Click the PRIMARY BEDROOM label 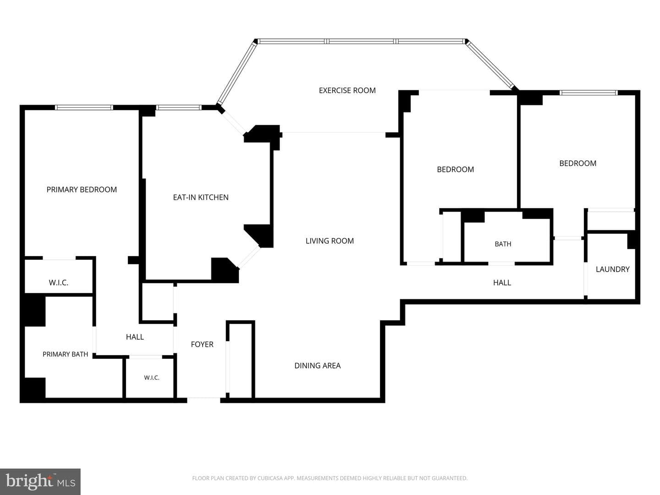(82, 190)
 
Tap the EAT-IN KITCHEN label (201, 198)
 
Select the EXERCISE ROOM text (347, 90)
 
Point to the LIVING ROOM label (330, 241)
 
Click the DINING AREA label (317, 366)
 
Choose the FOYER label (202, 344)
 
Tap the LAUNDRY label (612, 269)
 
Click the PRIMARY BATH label (65, 354)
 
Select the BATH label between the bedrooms (503, 244)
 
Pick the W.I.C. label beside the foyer (152, 378)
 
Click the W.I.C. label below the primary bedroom (58, 283)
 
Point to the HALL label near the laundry (502, 283)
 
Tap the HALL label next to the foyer (135, 337)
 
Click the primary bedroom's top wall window (84, 107)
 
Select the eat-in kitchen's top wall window (179, 107)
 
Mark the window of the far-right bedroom (588, 93)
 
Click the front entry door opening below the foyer (203, 400)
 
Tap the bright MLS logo (40, 482)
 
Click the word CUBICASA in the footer (269, 478)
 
